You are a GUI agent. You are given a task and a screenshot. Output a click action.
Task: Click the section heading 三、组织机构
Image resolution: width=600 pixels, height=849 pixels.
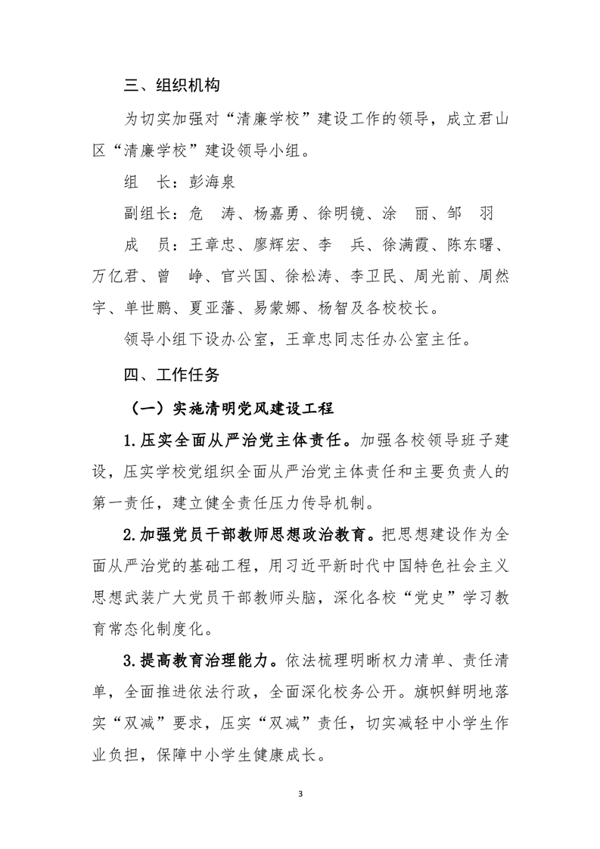click(172, 85)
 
